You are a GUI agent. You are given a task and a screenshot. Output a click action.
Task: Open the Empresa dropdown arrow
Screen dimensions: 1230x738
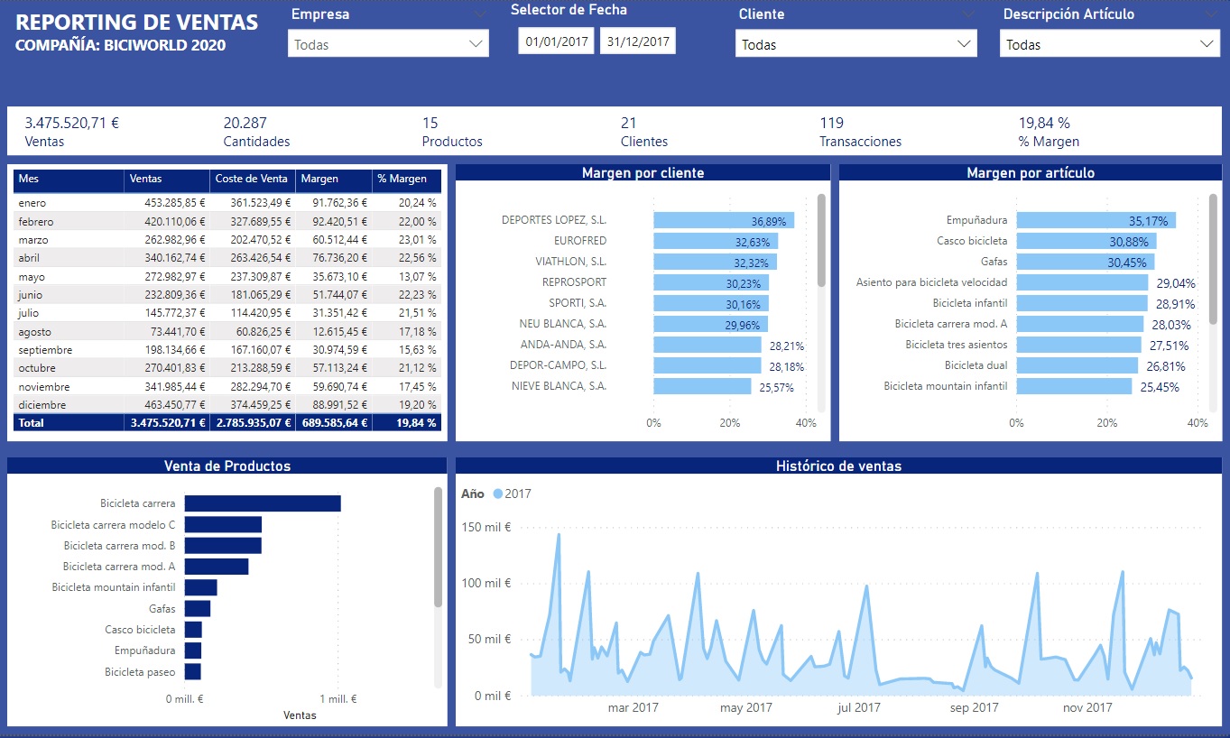[x=476, y=44]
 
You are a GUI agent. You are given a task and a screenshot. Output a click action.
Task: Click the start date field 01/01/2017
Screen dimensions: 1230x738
[x=556, y=42]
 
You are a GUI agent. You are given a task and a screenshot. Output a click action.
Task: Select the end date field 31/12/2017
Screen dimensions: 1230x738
[x=637, y=42]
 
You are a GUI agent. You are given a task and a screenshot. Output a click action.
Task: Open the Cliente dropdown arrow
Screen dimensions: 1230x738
[x=964, y=44]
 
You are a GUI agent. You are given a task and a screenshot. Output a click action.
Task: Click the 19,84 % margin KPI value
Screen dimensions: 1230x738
[x=1044, y=123]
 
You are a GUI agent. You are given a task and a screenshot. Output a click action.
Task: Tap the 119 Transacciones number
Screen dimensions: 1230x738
[x=831, y=123]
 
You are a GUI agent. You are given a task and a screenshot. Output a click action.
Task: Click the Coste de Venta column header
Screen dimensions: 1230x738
[x=251, y=179]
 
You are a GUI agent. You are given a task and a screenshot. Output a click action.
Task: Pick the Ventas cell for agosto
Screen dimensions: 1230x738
[x=178, y=332]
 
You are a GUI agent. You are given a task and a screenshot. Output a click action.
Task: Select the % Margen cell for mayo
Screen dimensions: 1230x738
[x=417, y=277]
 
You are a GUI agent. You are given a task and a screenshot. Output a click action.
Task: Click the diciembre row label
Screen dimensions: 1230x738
[x=42, y=405]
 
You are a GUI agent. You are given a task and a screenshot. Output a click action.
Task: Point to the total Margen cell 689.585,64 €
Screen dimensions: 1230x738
[x=335, y=423]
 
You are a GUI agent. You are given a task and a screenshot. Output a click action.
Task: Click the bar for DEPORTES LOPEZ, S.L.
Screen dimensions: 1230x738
[x=724, y=220]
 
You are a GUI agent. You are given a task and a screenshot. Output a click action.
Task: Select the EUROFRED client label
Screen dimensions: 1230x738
[x=580, y=241]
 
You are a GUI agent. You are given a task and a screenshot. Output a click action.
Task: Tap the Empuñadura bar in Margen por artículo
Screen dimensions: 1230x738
[x=1096, y=220]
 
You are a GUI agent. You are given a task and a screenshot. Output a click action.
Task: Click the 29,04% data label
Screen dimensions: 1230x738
[x=1176, y=283]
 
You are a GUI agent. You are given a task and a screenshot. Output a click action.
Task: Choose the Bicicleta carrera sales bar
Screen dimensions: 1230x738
[x=263, y=503]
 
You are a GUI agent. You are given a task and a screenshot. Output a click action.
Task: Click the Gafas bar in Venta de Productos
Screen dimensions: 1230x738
[x=197, y=608]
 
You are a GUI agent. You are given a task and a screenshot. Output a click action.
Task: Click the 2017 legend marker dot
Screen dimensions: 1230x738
[x=497, y=494]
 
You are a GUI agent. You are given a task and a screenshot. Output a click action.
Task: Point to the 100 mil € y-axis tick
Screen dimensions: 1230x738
[x=486, y=583]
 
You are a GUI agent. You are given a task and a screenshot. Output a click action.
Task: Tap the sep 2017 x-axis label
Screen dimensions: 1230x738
[x=974, y=708]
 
